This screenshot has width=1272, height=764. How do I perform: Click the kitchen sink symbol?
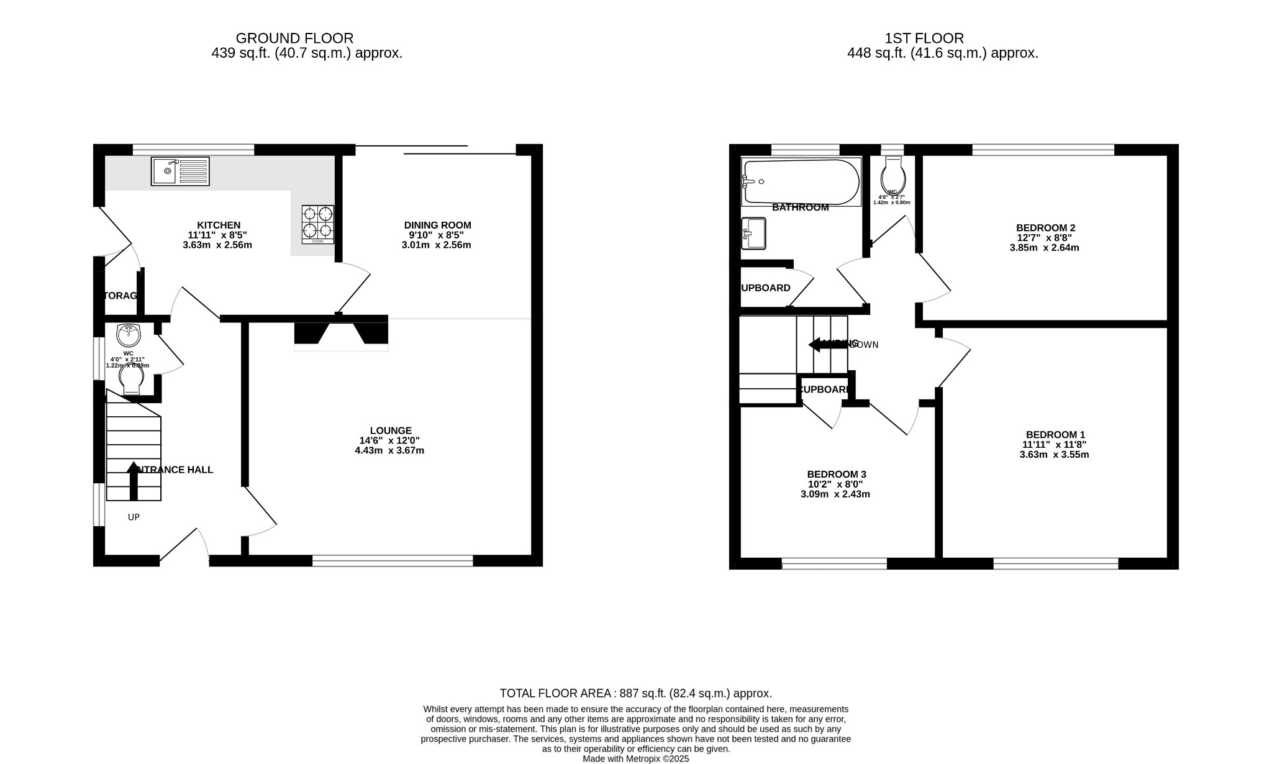tap(180, 171)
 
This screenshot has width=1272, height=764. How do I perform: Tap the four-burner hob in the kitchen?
tap(318, 224)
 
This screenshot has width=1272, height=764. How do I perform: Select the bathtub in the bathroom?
tap(801, 181)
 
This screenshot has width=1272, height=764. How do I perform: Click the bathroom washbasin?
tap(753, 234)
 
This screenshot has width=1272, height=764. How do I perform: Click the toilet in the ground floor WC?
tap(132, 381)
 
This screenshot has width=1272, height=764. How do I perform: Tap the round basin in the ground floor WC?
tap(129, 335)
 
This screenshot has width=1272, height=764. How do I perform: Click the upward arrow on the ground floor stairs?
tap(134, 481)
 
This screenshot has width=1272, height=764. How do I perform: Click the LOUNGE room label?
tap(391, 430)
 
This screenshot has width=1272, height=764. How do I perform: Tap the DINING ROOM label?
tap(437, 225)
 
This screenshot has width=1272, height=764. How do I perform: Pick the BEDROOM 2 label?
tap(1045, 228)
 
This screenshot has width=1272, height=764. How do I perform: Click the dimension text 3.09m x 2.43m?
tap(835, 494)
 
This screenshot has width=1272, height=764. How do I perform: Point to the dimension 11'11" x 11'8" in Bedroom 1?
tap(1054, 445)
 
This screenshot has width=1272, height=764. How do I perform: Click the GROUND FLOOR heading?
tap(294, 39)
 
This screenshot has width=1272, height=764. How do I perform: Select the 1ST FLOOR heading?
tap(924, 39)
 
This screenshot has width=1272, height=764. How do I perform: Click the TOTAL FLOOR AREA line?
tap(635, 693)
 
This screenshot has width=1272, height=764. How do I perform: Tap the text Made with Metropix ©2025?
tap(635, 758)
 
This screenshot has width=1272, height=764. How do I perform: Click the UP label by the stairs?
tap(134, 517)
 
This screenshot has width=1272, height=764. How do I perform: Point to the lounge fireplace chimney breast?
tap(341, 333)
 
